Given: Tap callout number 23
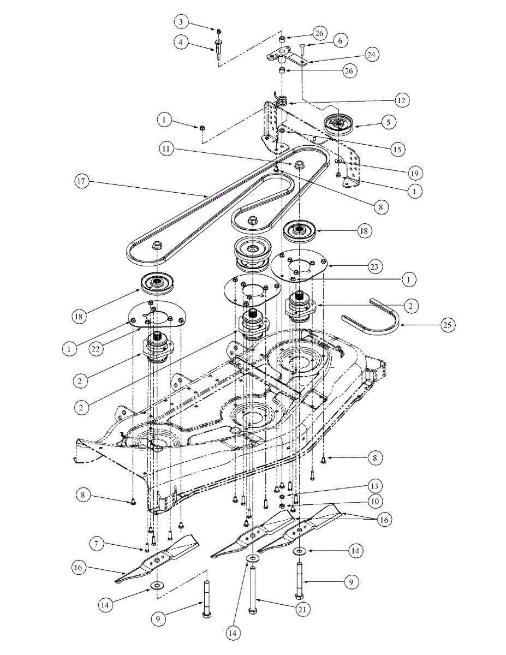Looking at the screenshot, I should (x=374, y=267).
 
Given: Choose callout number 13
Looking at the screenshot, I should (x=374, y=486).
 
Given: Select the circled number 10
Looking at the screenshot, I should (x=374, y=501).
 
